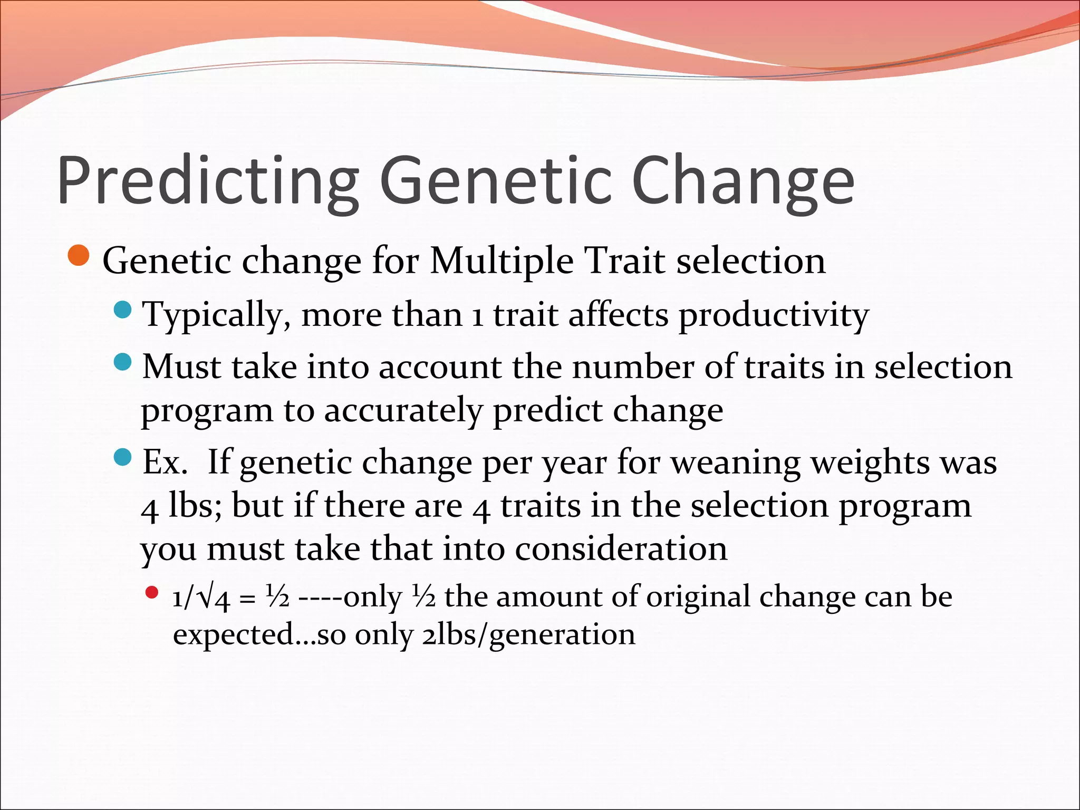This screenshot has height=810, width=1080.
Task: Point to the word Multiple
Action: [x=502, y=261]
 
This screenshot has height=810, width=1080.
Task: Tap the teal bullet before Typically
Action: [x=122, y=310]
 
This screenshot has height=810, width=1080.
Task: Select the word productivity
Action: [x=773, y=315]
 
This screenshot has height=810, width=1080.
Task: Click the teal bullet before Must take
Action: [x=122, y=362]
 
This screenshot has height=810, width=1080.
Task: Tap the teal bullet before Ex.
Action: [x=122, y=457]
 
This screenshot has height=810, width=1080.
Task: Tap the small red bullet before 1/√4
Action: [x=152, y=593]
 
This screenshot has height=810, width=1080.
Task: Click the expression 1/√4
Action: [x=201, y=597]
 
